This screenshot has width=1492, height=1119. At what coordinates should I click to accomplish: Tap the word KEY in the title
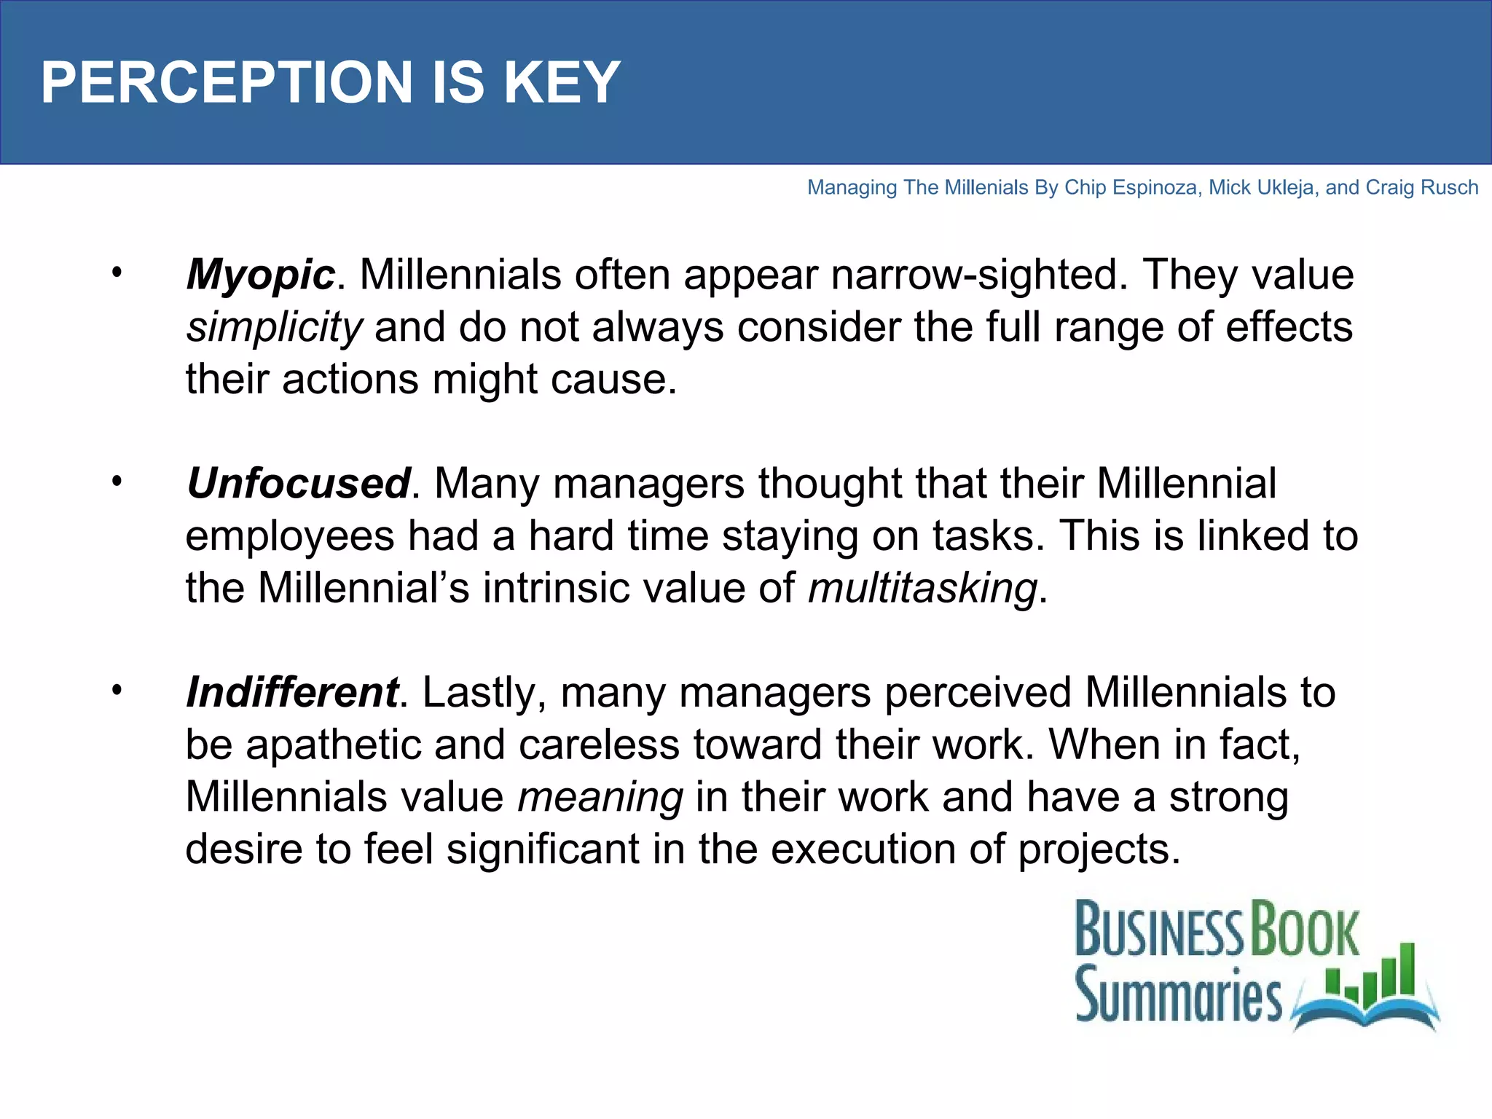pyautogui.click(x=562, y=82)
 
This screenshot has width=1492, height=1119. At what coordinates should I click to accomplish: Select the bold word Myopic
pyautogui.click(x=260, y=275)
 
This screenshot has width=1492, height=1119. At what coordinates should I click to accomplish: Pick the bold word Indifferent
pyautogui.click(x=292, y=692)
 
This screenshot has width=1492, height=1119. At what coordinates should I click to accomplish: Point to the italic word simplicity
pyautogui.click(x=274, y=327)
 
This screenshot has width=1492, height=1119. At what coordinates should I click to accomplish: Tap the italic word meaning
pyautogui.click(x=600, y=797)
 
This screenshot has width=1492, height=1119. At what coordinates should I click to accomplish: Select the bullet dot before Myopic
pyautogui.click(x=117, y=273)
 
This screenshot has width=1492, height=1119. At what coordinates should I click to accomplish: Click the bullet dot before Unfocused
pyautogui.click(x=117, y=482)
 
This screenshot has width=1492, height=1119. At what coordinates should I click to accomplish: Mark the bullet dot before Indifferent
pyautogui.click(x=117, y=690)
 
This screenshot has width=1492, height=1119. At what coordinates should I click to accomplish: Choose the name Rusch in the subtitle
pyautogui.click(x=1450, y=188)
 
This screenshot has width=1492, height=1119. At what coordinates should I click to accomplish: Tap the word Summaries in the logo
pyautogui.click(x=1178, y=994)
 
